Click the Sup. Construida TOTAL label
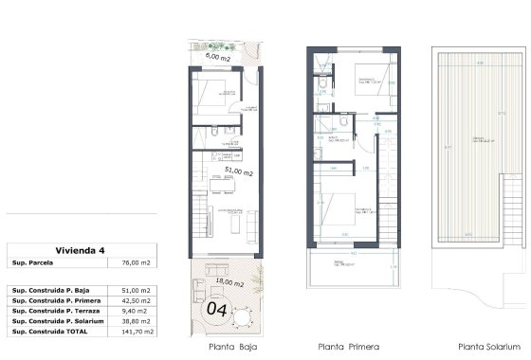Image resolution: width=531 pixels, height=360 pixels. [51, 333]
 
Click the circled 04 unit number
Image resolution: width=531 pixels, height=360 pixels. [217, 308]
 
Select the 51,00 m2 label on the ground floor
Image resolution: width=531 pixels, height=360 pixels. [237, 172]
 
